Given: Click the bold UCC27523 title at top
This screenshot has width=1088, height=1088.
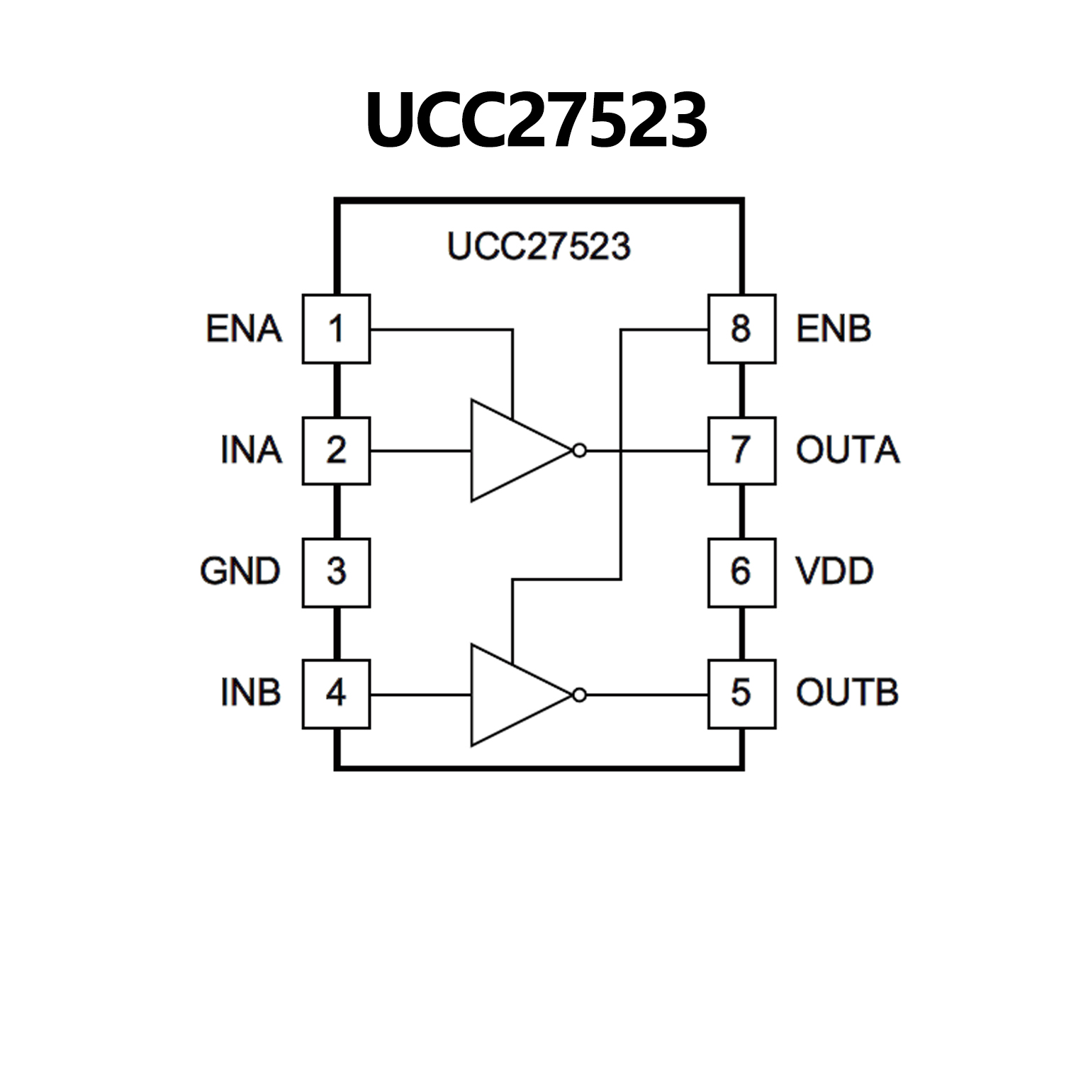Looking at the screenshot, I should (537, 120).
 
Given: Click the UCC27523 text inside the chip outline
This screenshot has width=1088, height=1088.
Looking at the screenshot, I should (539, 247).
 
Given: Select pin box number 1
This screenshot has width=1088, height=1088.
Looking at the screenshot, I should (336, 329).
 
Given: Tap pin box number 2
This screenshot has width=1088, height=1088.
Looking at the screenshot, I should (336, 451).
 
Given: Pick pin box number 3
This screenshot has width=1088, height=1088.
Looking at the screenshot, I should (336, 573).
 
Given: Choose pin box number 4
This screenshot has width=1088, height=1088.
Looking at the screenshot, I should (336, 694).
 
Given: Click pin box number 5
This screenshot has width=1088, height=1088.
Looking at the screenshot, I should (741, 694).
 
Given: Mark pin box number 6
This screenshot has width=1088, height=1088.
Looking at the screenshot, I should (741, 573).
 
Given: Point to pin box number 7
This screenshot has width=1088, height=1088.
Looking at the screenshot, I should (741, 451).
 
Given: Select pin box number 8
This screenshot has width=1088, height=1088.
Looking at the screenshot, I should (741, 329).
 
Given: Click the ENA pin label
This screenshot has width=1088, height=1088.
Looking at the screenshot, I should (244, 329).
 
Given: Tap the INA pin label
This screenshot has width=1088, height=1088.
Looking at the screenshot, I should (251, 451).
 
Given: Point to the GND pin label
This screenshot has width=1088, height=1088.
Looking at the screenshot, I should (240, 572).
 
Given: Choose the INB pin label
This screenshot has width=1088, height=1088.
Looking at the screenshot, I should (251, 693).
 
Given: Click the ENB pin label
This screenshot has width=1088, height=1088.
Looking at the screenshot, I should (834, 329).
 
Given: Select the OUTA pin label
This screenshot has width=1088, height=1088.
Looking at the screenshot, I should (848, 451).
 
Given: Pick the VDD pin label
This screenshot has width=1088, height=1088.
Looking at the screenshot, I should (834, 572).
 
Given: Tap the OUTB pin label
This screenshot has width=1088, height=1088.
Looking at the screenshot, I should (847, 693).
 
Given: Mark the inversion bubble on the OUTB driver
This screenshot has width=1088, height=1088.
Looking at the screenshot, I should (580, 695).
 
